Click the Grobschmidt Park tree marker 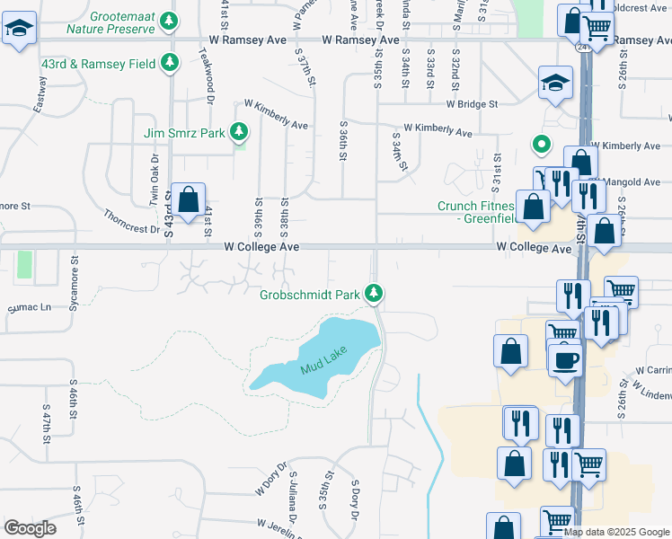(x=374, y=293)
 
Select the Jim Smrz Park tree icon (x=238, y=133)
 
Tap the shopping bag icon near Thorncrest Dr (x=189, y=200)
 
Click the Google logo (x=30, y=528)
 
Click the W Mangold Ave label (x=629, y=182)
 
